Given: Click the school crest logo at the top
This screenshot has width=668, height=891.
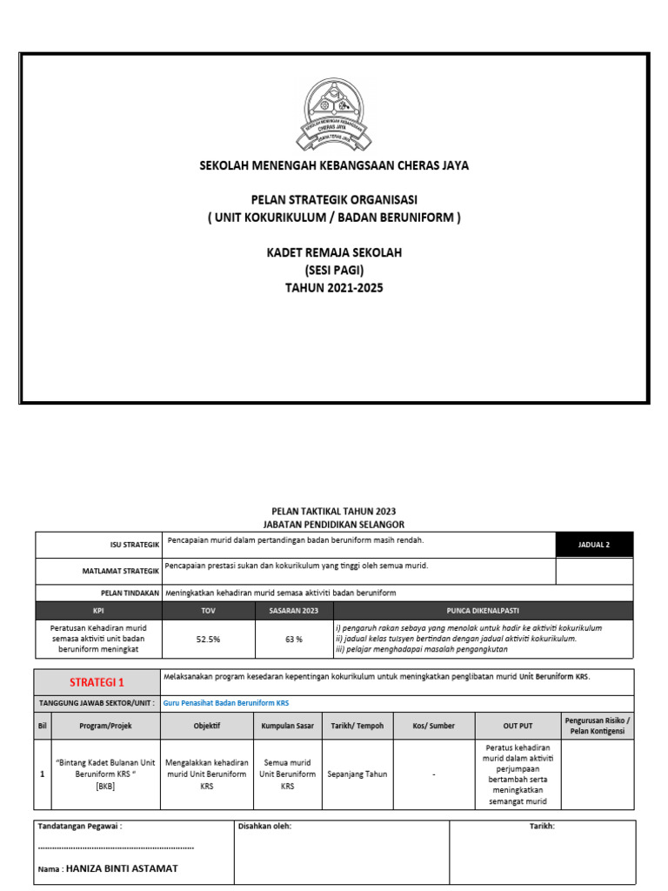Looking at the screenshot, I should pyautogui.click(x=334, y=113).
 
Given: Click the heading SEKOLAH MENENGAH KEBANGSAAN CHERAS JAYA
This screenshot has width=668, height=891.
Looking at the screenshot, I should pyautogui.click(x=334, y=165).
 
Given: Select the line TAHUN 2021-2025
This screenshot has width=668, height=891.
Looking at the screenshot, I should pyautogui.click(x=334, y=287).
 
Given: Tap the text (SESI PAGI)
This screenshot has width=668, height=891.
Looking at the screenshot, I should pyautogui.click(x=334, y=270).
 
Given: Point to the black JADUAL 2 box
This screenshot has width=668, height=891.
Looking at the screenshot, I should pyautogui.click(x=594, y=545).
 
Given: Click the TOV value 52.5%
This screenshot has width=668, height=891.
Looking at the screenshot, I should pyautogui.click(x=208, y=639).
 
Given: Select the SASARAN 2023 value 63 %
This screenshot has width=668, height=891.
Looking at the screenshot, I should pyautogui.click(x=293, y=639).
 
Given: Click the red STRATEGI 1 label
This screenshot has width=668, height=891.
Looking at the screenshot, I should pyautogui.click(x=97, y=682).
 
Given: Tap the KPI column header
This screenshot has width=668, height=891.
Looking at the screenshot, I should pyautogui.click(x=97, y=611).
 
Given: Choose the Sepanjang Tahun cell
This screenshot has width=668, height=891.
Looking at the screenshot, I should pyautogui.click(x=357, y=774).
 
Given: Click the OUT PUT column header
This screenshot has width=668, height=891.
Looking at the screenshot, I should pyautogui.click(x=518, y=726).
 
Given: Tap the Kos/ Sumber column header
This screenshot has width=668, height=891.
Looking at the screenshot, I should pyautogui.click(x=434, y=726).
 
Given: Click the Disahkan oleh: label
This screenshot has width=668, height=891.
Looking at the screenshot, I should pyautogui.click(x=264, y=827).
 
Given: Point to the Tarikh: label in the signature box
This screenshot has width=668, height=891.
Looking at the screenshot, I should pyautogui.click(x=542, y=827).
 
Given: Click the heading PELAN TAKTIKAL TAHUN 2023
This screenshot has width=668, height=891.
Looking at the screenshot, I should pyautogui.click(x=334, y=512).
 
